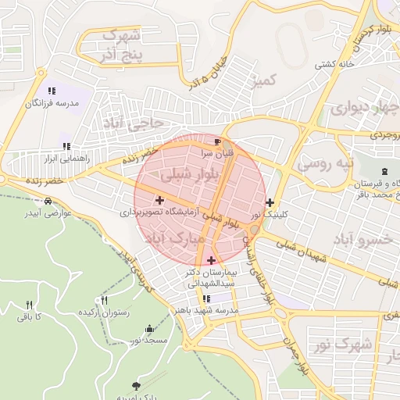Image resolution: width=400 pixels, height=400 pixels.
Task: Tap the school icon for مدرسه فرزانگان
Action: (52, 91)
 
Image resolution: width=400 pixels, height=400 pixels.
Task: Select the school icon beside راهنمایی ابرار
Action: (66, 146)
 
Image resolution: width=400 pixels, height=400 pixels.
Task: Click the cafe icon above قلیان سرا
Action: (217, 141)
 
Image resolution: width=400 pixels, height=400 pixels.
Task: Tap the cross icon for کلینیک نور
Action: (270, 202)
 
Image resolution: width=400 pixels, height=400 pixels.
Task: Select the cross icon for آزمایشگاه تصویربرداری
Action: (159, 201)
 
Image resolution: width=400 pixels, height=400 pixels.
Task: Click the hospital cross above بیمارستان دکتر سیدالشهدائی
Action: (211, 260)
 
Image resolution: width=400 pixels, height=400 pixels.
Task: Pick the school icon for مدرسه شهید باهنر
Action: (206, 298)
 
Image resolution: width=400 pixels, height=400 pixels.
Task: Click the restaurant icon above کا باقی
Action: (30, 305)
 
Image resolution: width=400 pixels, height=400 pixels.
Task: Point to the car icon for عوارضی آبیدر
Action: (48, 202)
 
